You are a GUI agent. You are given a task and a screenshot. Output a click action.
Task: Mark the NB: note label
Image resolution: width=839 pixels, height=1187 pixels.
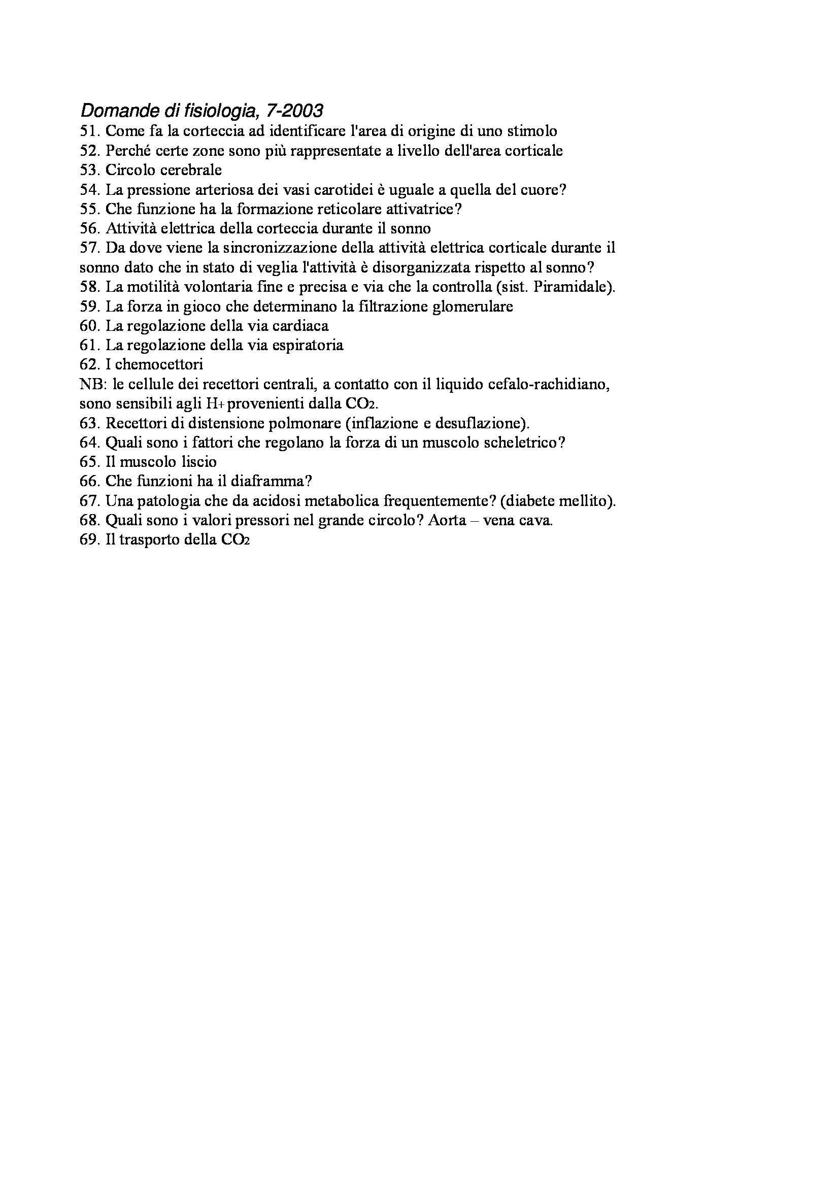point(91,385)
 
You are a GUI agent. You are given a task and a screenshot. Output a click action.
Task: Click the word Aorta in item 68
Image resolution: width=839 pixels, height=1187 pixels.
point(445,521)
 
